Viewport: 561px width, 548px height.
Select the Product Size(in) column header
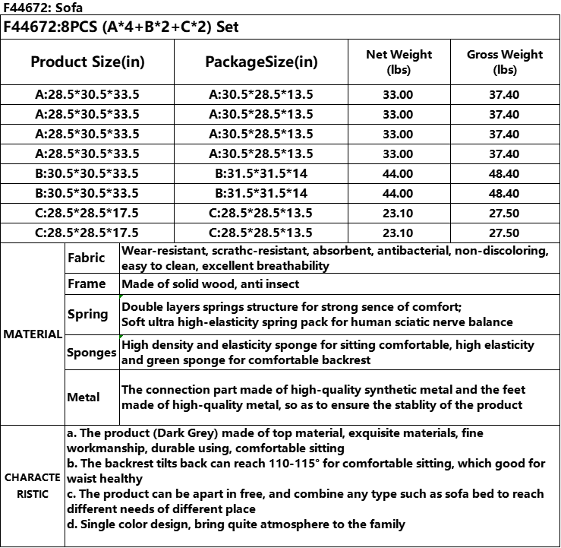[x=87, y=62]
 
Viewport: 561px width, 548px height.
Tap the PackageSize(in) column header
[x=261, y=62]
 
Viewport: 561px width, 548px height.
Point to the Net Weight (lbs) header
[x=399, y=62]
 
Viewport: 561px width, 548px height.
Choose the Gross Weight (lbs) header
[x=505, y=62]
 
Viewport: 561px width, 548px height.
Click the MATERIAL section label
[x=32, y=334]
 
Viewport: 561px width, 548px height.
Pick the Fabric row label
[x=86, y=258]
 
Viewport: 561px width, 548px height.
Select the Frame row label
[x=87, y=284]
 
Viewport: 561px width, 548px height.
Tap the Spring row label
[x=87, y=314]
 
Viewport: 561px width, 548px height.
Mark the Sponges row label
[x=91, y=353]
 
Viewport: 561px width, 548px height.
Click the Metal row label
[x=84, y=397]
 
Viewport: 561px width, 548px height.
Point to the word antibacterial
[x=408, y=250]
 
